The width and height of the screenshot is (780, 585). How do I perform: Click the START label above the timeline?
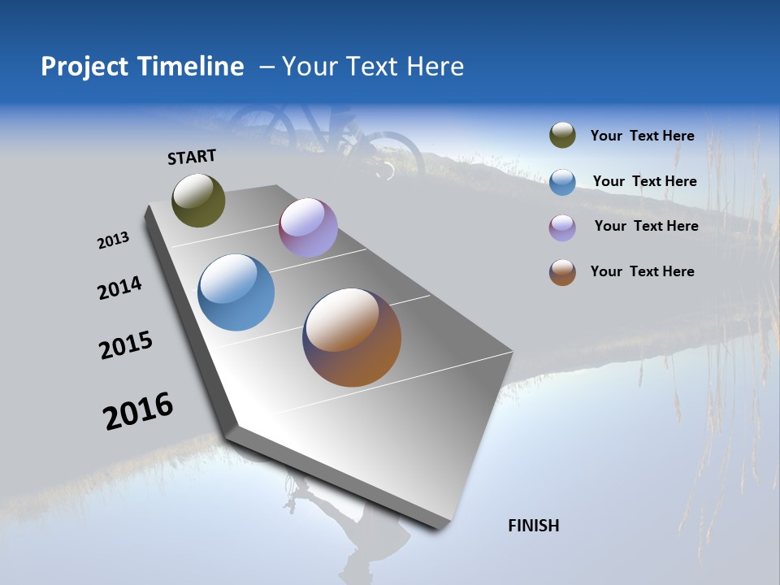[x=192, y=157]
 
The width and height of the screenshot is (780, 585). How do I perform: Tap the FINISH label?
[x=533, y=526]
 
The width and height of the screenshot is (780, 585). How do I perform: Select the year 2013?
[x=113, y=240]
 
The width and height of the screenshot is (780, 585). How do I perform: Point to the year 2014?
[x=119, y=288]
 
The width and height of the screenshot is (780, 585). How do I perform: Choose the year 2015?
[x=126, y=345]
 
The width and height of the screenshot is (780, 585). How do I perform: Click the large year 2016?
[x=138, y=411]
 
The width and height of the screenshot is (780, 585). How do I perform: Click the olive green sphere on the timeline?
[x=198, y=200]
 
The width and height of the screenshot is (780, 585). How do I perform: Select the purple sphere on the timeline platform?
[x=308, y=227]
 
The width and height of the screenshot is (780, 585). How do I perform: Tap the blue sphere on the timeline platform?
[x=236, y=292]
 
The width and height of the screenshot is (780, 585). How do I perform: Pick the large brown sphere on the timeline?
[x=352, y=337]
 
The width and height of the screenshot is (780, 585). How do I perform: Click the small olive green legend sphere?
[x=562, y=136]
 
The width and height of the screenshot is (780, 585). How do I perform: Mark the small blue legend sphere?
[x=562, y=182]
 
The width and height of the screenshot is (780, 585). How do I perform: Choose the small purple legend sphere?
[x=562, y=227]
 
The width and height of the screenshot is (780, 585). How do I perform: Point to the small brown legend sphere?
[x=562, y=272]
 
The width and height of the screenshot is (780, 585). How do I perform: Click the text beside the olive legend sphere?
[x=642, y=136]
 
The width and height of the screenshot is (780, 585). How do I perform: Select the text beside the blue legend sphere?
[x=644, y=181]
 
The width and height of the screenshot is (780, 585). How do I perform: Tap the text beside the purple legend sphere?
[x=646, y=226]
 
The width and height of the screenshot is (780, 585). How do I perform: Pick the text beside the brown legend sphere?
[x=642, y=271]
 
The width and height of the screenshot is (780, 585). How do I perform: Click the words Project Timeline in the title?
[x=142, y=67]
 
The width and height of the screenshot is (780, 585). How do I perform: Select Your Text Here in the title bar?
[x=372, y=67]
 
